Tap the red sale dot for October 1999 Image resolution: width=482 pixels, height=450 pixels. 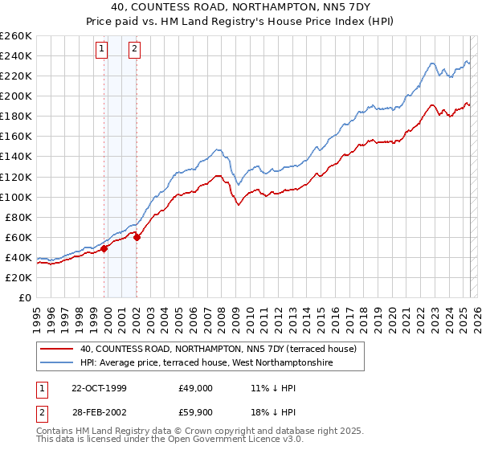coord(104,248)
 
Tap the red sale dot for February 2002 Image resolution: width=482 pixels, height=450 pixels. coord(137,237)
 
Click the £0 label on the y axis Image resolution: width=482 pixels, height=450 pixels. coord(24,297)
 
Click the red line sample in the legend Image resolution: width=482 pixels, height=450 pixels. coord(56,349)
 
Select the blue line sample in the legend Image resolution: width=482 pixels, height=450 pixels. coord(56,363)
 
